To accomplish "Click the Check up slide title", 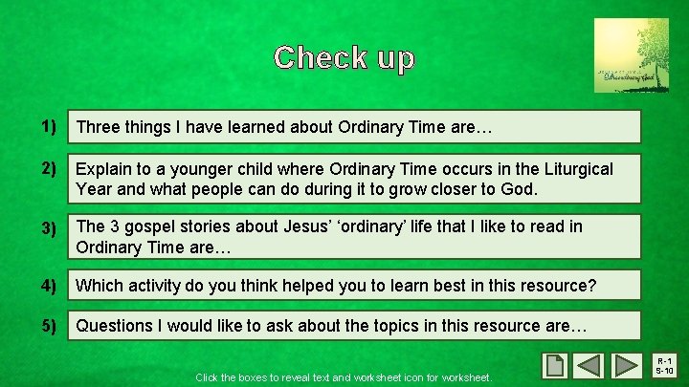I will [344, 58].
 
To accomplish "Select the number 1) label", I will [49, 126].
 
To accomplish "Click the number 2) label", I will [49, 169].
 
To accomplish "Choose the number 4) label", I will [49, 285].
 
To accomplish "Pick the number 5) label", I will [49, 325].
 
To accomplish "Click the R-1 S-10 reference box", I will [665, 366].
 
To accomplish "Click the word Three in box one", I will [99, 127].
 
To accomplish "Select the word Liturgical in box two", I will [574, 169].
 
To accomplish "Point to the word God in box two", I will [520, 188].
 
